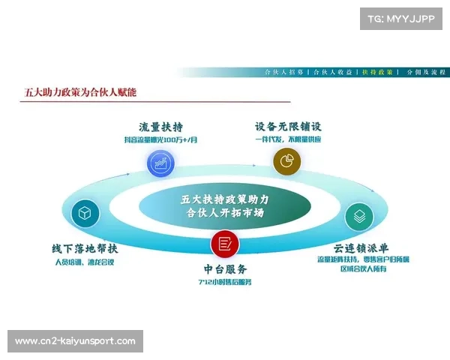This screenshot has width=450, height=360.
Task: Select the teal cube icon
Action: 85,214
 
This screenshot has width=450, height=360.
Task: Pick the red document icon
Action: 224,244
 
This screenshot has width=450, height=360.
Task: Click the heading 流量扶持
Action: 161,126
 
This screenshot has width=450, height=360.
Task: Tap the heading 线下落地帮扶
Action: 85,248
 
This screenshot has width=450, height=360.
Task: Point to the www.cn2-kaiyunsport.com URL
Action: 75,341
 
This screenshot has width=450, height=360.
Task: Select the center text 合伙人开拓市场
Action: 225,213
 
